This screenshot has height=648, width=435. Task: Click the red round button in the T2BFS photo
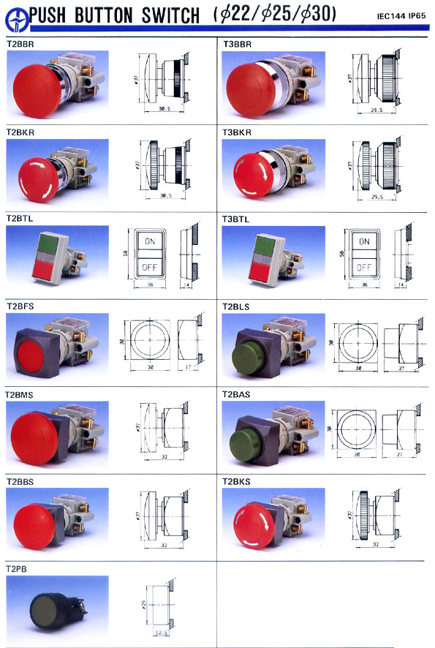pos(39,353)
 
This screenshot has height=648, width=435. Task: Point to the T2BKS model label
pos(237,482)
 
